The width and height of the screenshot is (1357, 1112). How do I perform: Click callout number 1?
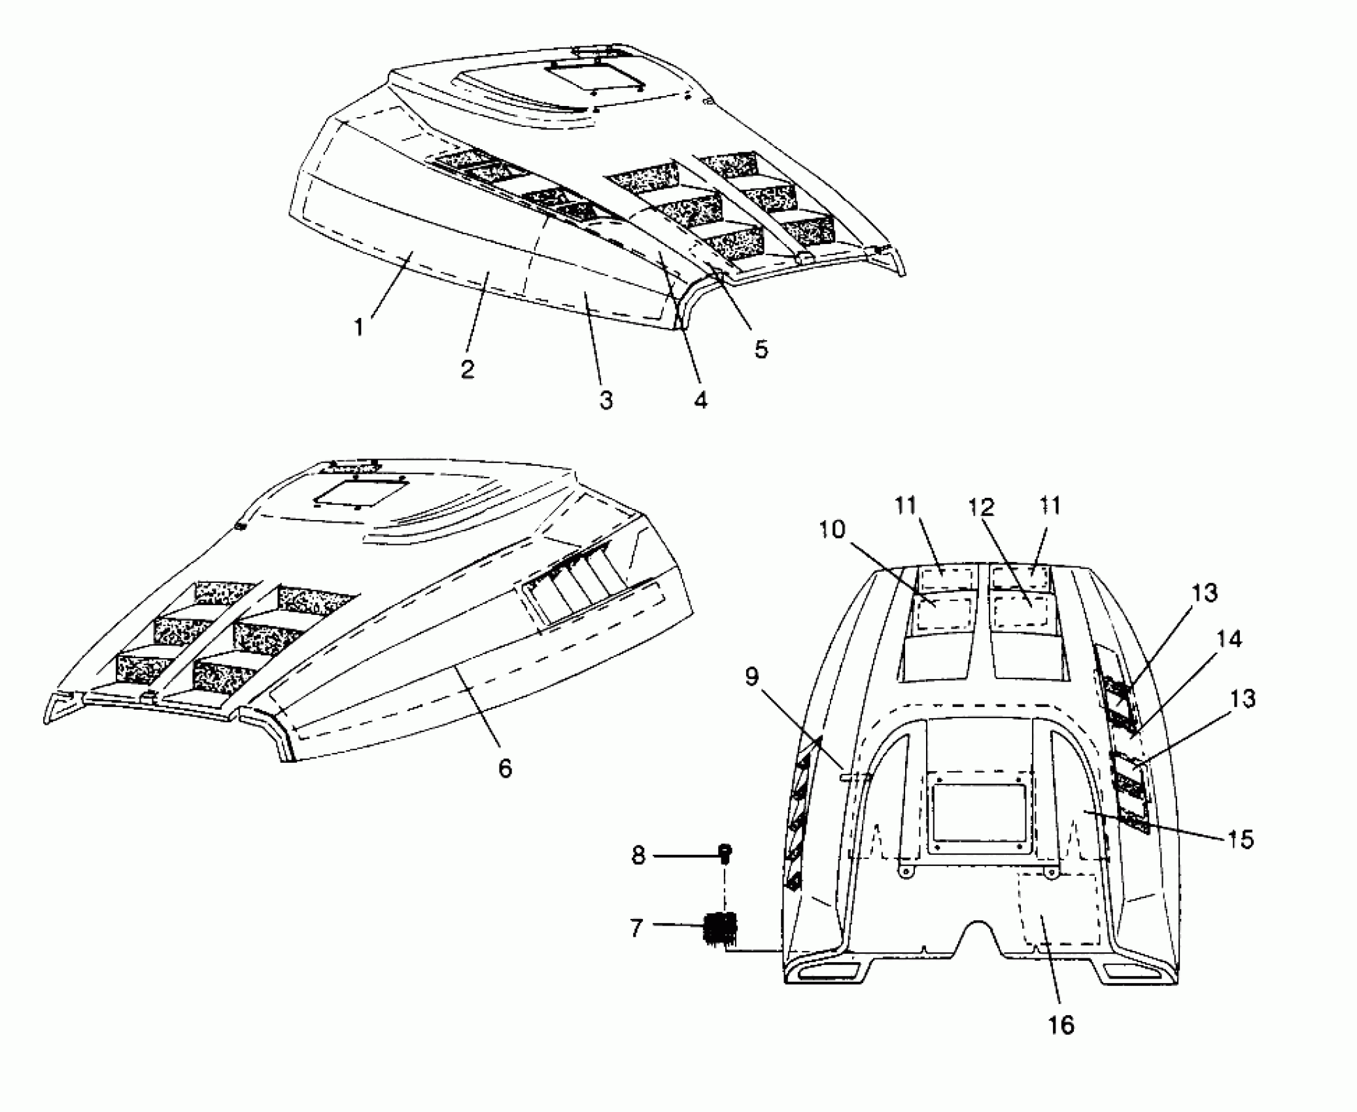[x=358, y=327]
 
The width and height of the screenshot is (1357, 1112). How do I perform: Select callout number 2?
[x=467, y=369]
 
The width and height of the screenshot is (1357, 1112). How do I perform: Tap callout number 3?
[x=606, y=400]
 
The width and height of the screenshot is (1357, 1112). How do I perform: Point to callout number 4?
[x=700, y=400]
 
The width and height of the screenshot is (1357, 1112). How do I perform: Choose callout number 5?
[x=761, y=349]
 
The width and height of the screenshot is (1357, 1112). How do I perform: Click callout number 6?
[x=505, y=768]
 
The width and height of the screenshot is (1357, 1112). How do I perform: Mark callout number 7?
[x=636, y=928]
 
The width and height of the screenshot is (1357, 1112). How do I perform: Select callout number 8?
[x=638, y=856]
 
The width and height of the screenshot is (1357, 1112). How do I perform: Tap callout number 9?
[x=752, y=678]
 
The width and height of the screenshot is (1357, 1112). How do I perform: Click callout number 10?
[x=832, y=530]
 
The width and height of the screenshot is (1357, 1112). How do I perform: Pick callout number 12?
[x=982, y=507]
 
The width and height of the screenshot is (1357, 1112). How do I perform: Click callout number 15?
[x=1241, y=839]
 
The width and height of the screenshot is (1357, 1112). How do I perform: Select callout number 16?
[x=1061, y=1025]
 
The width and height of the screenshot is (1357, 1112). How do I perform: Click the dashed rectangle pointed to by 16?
[x=1059, y=909]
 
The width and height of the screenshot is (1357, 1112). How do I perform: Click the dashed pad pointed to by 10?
[x=942, y=614]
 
